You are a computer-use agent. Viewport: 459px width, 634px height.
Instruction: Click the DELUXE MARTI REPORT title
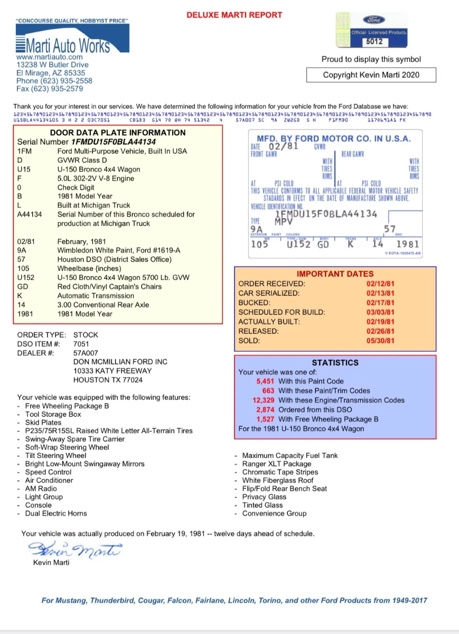coord(234,15)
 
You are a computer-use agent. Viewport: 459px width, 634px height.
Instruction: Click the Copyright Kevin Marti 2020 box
coord(371,75)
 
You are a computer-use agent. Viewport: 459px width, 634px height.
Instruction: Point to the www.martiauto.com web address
coord(50,57)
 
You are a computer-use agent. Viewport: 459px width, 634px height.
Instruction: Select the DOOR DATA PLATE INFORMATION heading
coord(118,133)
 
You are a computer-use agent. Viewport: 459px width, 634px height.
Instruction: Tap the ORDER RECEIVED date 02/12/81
coord(380,284)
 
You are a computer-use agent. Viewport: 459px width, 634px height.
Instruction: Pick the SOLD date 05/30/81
coord(380,341)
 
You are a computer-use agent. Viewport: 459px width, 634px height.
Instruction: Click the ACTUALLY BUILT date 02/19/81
coord(380,322)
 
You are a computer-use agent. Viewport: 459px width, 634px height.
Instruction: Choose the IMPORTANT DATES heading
coord(335,274)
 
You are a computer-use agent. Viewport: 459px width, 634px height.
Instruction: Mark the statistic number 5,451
coord(265,381)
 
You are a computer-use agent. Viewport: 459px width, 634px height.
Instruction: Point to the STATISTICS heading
coord(335,362)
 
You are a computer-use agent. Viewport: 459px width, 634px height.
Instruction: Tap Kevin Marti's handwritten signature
coord(74,549)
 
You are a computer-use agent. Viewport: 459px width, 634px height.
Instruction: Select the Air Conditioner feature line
coord(49,480)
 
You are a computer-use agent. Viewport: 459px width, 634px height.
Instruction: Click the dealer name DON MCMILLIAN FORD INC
coord(120,362)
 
